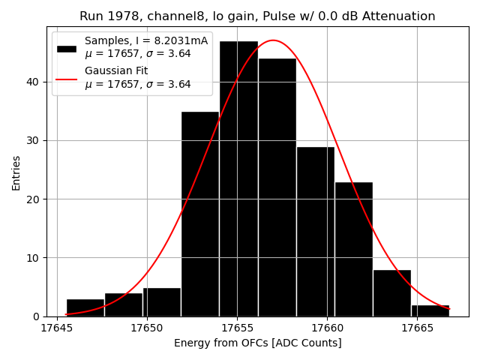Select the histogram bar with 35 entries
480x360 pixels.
(200, 214)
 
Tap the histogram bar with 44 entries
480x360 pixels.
(277, 187)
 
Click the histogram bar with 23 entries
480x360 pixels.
(353, 249)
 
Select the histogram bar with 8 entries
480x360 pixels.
(391, 293)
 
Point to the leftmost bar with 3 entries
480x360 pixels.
(85, 307)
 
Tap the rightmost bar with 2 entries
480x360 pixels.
(430, 310)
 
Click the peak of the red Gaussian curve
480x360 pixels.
(272, 40)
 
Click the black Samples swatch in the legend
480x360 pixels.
(67, 48)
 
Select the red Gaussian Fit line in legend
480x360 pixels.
(67, 78)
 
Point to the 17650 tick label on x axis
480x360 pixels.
(147, 328)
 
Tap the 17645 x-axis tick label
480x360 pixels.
(57, 328)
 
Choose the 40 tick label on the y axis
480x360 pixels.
(34, 82)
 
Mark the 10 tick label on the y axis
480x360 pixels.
(34, 258)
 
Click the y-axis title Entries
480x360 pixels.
(16, 172)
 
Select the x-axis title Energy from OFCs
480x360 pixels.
(257, 343)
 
